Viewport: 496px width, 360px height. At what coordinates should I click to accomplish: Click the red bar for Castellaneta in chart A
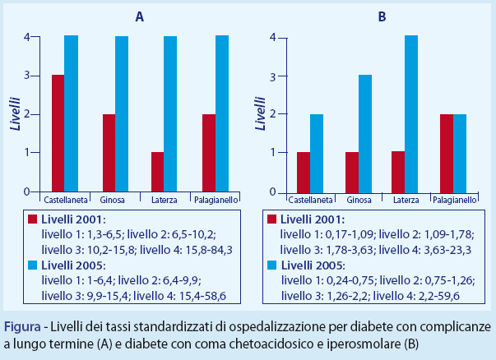click(x=58, y=133)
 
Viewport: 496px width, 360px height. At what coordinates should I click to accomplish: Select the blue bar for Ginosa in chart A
click(x=122, y=113)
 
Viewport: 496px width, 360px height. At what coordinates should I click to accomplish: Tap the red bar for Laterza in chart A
click(x=158, y=172)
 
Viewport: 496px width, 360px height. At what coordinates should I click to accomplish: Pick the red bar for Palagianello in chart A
click(x=209, y=153)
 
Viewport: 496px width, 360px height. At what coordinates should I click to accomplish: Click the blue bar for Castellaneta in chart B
click(x=317, y=153)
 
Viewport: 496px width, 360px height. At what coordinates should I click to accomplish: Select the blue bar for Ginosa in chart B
click(x=365, y=133)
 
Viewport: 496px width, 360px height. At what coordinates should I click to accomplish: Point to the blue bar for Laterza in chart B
click(x=411, y=113)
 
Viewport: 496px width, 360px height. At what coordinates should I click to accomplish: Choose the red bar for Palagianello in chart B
click(x=447, y=153)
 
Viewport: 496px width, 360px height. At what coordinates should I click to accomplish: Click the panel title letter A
click(x=141, y=16)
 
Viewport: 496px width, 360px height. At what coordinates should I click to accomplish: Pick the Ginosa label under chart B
click(x=359, y=200)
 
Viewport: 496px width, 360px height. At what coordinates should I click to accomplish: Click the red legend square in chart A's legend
click(x=33, y=219)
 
